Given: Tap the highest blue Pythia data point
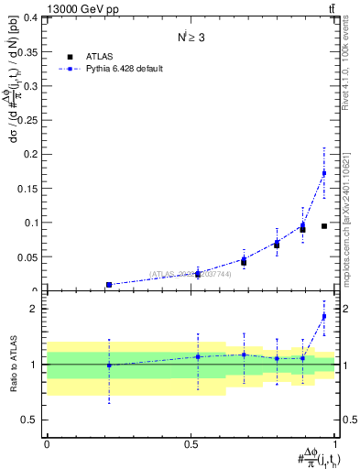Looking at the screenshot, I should [x=323, y=172].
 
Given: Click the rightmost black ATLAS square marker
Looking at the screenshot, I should [x=324, y=225].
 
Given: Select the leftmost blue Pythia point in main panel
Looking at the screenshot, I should [x=109, y=285].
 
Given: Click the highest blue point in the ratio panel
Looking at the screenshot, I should [x=323, y=316].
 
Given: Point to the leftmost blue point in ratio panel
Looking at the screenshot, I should [x=109, y=365].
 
